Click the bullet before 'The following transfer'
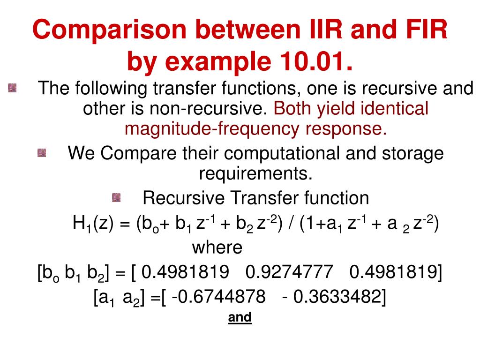pos(12,88)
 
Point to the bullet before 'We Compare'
pos(42,153)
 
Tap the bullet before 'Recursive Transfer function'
pos(116,198)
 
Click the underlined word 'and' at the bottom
pos(240,317)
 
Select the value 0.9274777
pos(289,271)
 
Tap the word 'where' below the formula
pos(217,247)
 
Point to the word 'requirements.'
pos(255,174)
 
